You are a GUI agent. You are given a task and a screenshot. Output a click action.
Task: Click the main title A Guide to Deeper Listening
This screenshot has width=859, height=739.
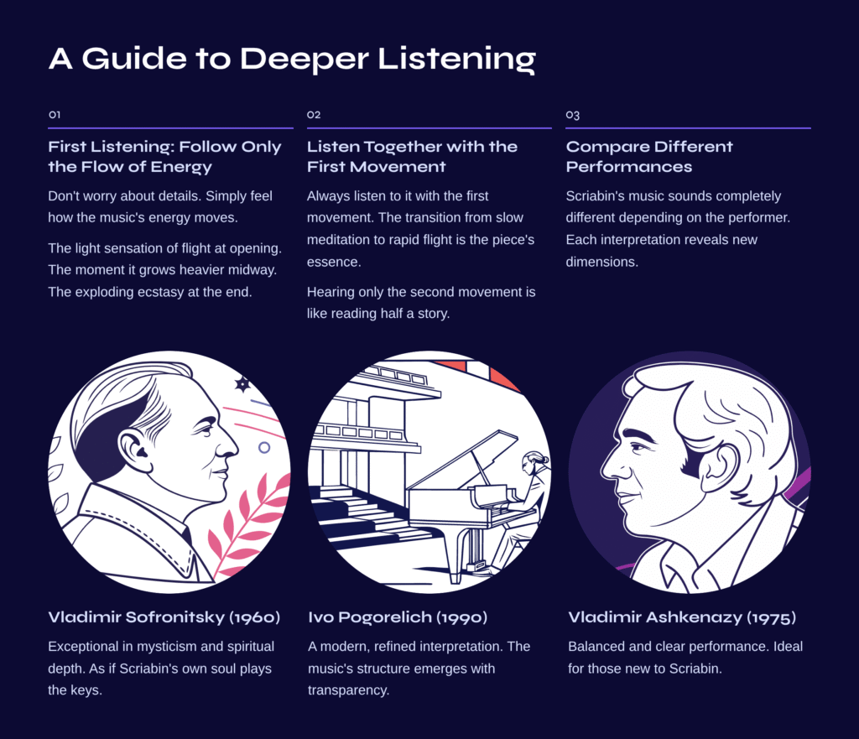(x=292, y=59)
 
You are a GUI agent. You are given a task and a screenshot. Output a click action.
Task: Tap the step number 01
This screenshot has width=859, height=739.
(x=55, y=114)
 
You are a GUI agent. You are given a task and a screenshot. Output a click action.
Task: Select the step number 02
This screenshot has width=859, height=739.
(x=314, y=114)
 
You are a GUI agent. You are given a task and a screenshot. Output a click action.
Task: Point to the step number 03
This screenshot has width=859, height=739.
(x=572, y=115)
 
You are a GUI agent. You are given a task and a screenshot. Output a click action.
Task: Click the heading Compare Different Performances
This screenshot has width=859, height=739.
(x=649, y=157)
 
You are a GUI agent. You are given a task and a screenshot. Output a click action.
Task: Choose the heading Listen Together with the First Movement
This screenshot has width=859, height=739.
(x=412, y=157)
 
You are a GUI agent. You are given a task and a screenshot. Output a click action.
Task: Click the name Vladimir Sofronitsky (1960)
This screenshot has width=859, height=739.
(x=164, y=617)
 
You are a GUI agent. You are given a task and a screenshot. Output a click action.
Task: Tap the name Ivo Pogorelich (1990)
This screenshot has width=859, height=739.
(x=397, y=617)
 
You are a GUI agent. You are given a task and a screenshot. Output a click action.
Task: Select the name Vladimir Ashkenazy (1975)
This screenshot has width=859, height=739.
(x=681, y=617)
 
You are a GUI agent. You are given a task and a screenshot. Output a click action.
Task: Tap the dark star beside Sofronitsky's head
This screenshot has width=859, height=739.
(x=242, y=384)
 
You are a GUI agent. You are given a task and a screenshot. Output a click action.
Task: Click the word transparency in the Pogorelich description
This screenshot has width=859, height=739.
(x=348, y=690)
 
